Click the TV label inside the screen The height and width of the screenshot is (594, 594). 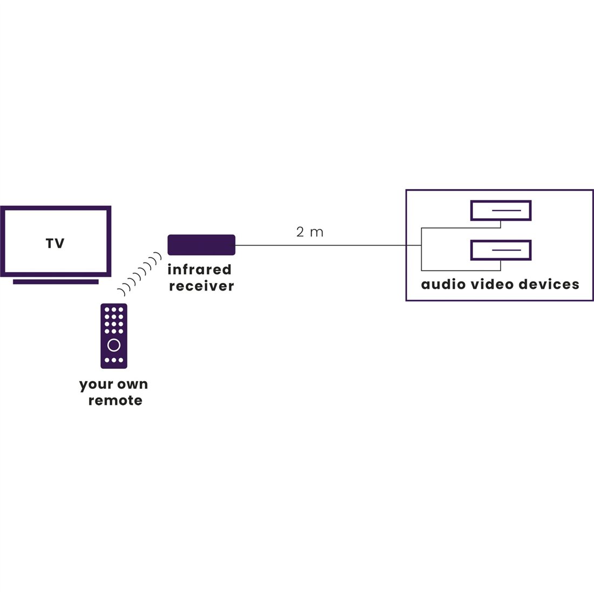coord(55,244)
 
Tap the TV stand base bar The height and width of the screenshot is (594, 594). coord(56,281)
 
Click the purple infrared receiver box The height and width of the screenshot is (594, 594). coord(201,245)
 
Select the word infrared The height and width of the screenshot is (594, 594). coord(199,269)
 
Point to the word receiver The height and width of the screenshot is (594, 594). coord(201,286)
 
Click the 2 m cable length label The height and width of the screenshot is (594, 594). coord(309,232)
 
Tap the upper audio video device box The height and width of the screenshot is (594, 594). coord(501,211)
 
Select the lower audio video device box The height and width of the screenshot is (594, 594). coord(501,250)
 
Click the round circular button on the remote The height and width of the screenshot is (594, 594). coord(114,345)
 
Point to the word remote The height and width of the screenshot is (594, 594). coord(115,401)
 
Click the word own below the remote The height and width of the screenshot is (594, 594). coord(132,384)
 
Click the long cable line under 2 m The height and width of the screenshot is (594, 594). coord(324,245)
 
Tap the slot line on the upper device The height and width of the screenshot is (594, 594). coord(506,210)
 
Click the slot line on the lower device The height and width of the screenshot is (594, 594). coord(506,249)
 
